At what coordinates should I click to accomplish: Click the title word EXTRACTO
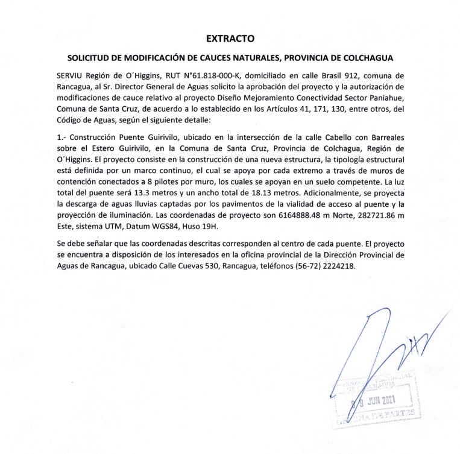230,39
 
